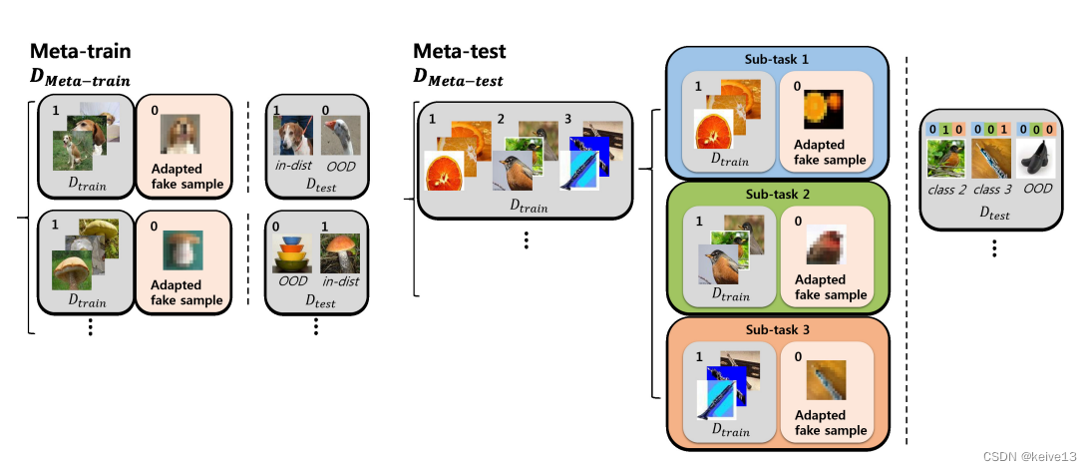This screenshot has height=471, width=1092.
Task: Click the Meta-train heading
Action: tap(81, 52)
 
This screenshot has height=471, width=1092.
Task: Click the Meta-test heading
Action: tap(460, 52)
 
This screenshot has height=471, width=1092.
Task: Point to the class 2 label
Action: tap(944, 189)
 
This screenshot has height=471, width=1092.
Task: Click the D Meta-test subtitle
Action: tap(458, 79)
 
